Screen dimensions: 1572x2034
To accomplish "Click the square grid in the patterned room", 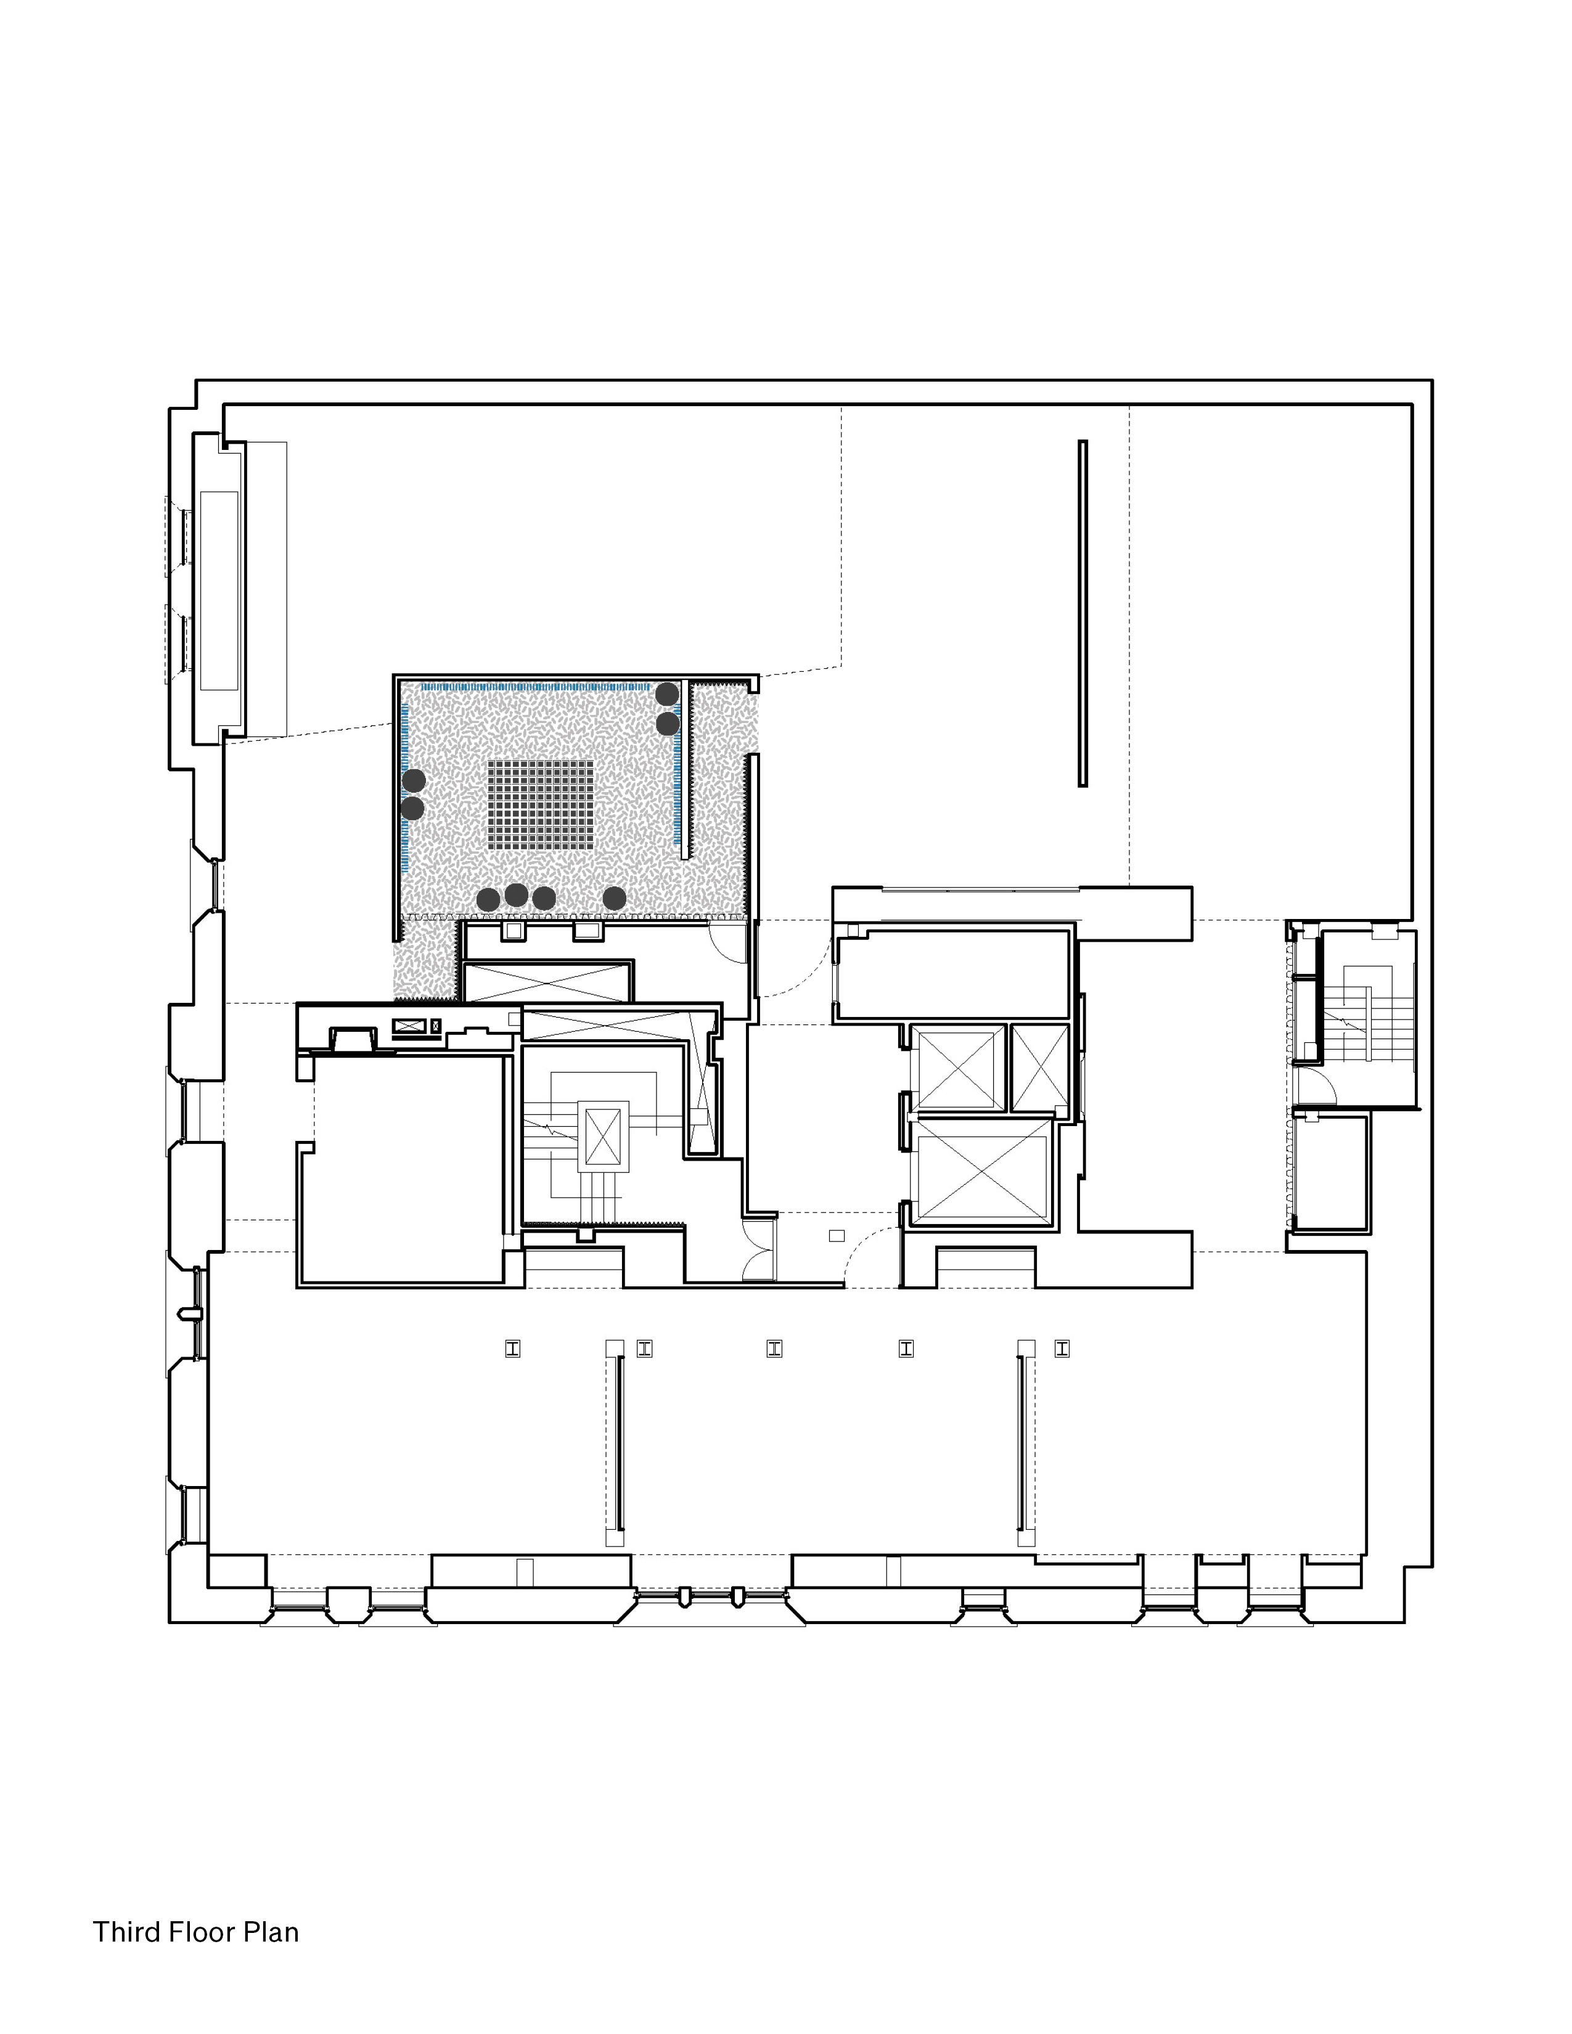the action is tap(540, 804).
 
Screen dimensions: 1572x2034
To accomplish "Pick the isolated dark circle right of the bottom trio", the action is tap(614, 898).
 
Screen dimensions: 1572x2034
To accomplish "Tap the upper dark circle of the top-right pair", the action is tap(667, 694).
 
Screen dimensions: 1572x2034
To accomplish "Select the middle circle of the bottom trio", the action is tap(516, 895).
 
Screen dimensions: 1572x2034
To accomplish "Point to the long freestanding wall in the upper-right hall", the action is tap(1082, 614).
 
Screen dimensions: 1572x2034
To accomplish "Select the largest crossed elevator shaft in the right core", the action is tap(983, 1170).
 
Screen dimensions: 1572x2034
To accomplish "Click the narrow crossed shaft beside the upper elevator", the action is tap(1039, 1068).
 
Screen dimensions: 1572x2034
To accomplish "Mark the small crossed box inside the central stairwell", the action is tap(602, 1136).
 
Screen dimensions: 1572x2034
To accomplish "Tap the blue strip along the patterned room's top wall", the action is tap(536, 687).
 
